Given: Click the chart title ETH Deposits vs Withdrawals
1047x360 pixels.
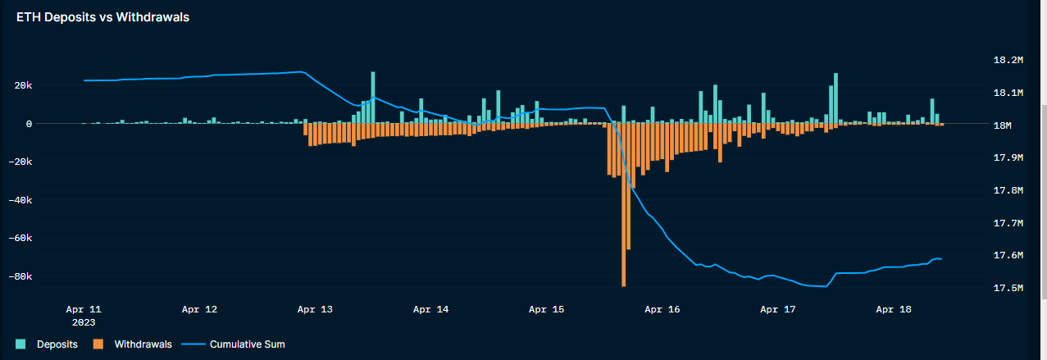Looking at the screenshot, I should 103,17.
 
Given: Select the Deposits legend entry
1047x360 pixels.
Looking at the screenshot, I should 57,344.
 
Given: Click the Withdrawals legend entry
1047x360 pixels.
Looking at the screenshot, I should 143,344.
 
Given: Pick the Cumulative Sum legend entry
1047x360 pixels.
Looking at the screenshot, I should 247,344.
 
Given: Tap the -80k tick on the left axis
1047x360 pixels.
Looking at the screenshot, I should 42,277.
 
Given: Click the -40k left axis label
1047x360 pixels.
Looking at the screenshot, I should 42,200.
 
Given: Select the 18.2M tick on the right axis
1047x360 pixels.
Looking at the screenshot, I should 1008,61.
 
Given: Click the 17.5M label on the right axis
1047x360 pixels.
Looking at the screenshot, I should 1008,288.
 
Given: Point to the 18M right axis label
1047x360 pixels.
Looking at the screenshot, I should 1004,125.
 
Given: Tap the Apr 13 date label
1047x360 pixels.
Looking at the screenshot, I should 316,310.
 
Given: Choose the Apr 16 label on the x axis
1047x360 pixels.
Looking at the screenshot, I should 662,310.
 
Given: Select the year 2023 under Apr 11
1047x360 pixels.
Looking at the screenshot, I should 84,322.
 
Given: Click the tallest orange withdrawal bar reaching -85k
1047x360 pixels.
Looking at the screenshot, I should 624,205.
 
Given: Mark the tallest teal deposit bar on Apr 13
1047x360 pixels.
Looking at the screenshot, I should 373,98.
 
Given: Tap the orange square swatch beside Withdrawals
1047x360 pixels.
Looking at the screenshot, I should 98,344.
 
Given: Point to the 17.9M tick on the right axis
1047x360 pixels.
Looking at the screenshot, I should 1008,157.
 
